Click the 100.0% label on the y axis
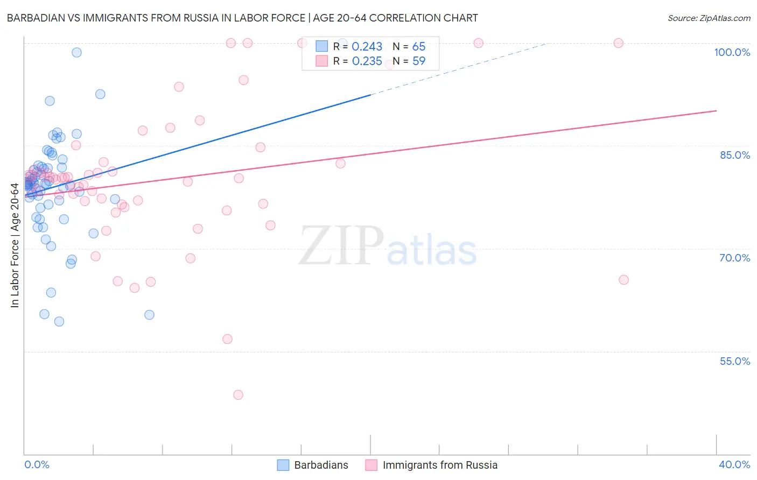click(x=732, y=52)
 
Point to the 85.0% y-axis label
click(x=735, y=155)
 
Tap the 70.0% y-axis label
click(x=735, y=258)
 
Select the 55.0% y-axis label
click(x=735, y=361)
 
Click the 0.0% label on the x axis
click(x=37, y=464)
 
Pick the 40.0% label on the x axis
click(x=734, y=464)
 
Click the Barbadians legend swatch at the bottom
click(x=283, y=465)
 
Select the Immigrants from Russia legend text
click(x=440, y=465)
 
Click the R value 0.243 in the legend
click(x=367, y=47)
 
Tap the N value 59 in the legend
click(x=419, y=61)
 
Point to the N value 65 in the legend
click(x=419, y=47)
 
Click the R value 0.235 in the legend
click(x=367, y=61)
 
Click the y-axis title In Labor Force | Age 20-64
click(x=15, y=245)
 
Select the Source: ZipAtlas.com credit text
click(x=709, y=18)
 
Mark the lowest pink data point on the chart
click(x=238, y=395)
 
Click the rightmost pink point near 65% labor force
click(x=623, y=280)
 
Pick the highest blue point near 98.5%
click(x=76, y=52)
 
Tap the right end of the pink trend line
click(x=716, y=111)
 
